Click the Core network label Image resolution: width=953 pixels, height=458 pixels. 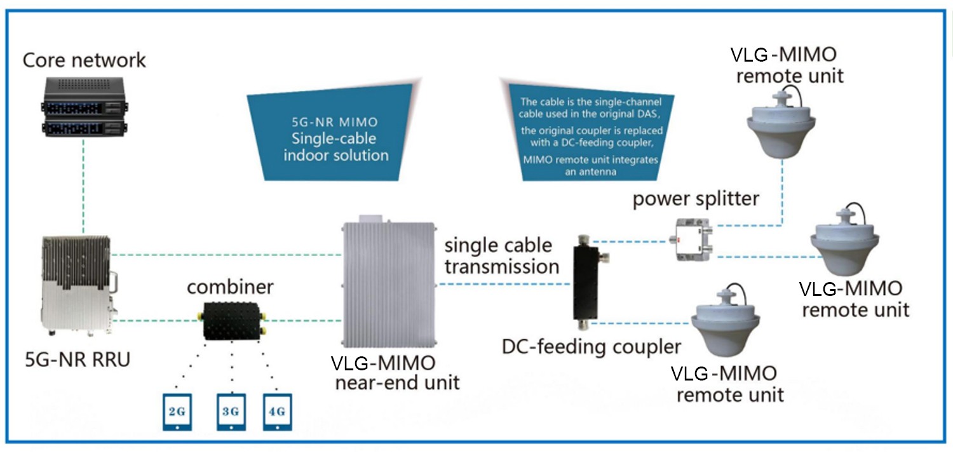click(84, 60)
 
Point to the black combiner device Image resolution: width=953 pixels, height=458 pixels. click(233, 321)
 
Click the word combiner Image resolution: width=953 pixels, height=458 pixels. click(230, 287)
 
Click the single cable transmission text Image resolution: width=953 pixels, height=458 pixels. click(501, 255)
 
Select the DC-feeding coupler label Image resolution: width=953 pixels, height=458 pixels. click(591, 347)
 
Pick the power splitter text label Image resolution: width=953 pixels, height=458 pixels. click(695, 199)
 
